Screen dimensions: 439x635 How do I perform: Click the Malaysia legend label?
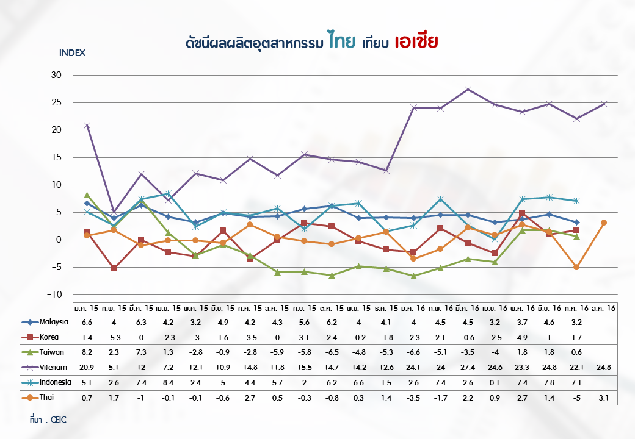tap(53, 321)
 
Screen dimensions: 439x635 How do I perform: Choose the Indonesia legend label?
tap(54, 382)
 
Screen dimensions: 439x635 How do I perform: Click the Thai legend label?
tap(47, 398)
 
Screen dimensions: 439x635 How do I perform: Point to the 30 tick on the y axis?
tap(57, 75)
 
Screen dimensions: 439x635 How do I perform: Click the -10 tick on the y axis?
tap(55, 294)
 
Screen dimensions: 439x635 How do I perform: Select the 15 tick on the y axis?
tap(57, 157)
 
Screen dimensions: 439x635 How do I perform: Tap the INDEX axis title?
tap(72, 52)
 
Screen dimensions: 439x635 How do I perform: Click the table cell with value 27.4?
tap(468, 367)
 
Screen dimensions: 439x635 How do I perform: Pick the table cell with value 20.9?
tap(87, 367)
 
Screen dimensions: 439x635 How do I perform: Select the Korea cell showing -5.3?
tap(114, 337)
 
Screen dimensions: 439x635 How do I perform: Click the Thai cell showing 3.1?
tap(604, 398)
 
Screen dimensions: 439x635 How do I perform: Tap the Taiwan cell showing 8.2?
tap(87, 352)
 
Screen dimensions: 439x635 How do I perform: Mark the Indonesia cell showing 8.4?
tap(169, 382)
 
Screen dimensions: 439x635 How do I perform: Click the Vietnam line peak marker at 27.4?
tap(468, 89)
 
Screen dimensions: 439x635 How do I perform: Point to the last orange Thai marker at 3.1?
tap(604, 223)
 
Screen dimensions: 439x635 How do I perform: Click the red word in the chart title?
tap(417, 42)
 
